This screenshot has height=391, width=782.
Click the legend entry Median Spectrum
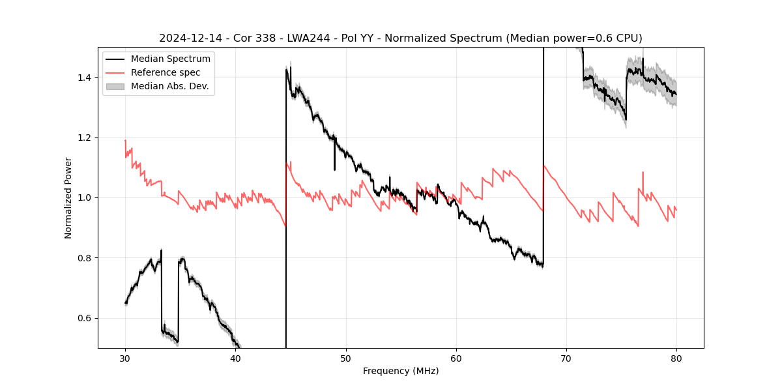click(170, 59)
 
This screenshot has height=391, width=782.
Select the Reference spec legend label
click(166, 72)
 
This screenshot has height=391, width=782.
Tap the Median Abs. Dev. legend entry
click(169, 86)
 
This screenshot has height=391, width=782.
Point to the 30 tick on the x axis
click(125, 358)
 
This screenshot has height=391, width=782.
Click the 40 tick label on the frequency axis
click(235, 358)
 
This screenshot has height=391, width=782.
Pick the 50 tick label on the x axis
click(346, 358)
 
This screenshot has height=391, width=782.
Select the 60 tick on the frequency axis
click(456, 358)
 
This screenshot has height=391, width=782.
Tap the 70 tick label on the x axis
click(566, 358)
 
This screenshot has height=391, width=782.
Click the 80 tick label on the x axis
click(676, 358)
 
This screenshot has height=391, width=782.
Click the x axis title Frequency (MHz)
click(401, 371)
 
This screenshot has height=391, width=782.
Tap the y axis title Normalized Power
click(68, 197)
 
